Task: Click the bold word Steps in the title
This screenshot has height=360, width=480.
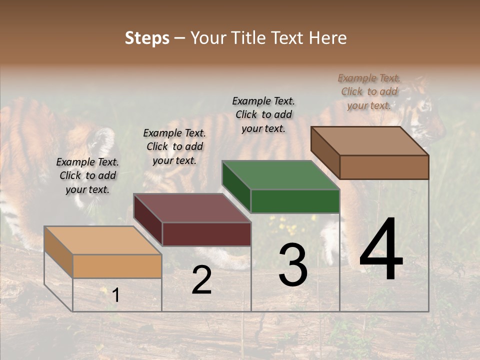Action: pos(147,38)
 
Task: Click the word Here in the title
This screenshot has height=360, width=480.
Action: pos(327,38)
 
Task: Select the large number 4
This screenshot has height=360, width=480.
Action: pos(381,250)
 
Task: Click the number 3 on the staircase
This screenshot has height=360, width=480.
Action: pos(292,265)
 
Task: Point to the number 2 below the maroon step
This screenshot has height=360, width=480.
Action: pos(201,280)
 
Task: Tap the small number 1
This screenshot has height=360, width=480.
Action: pos(115,295)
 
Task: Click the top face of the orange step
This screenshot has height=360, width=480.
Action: pos(102,240)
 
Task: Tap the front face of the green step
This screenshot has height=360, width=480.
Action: pos(295,201)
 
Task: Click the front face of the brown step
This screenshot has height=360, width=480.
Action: pos(384,167)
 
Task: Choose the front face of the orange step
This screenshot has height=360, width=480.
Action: pos(117,266)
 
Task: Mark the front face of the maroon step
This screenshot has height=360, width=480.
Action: pos(206,234)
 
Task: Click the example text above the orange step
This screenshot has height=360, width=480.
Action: pos(87,175)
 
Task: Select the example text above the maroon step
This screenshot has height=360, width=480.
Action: pos(174,146)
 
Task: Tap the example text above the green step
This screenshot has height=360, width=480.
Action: pos(263,114)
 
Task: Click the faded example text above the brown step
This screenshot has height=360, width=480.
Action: pos(369,91)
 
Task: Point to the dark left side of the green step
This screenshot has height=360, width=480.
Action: pos(236,185)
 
